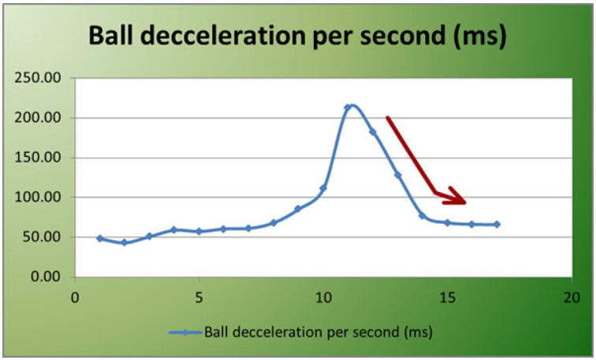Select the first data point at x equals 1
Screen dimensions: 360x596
pos(100,238)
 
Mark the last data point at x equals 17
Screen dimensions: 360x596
pos(497,225)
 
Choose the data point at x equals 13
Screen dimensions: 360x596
pos(397,175)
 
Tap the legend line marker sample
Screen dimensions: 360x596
pos(184,332)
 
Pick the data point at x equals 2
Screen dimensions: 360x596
pos(125,243)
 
